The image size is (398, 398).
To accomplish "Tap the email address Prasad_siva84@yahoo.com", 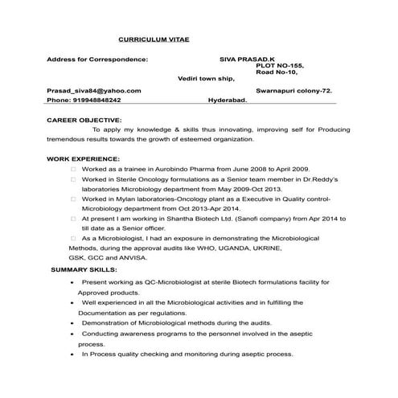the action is tap(94, 91).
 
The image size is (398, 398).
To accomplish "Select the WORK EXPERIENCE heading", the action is tap(83, 159).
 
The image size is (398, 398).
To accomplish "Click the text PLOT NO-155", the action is tap(278, 66).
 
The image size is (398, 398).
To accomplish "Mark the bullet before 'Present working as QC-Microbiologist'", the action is tap(74, 284).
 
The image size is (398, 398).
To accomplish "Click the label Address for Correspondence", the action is tap(97, 59).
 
